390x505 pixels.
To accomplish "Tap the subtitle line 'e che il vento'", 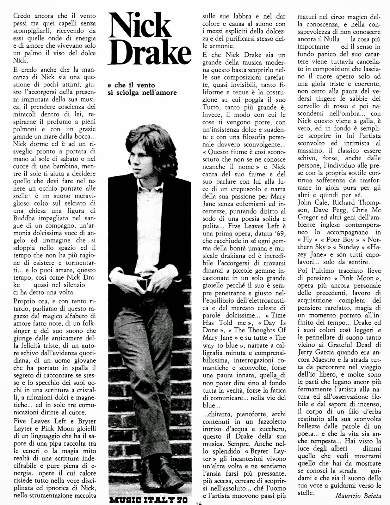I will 131,85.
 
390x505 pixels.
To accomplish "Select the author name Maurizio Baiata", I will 358,496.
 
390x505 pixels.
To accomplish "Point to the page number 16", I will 198,503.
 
